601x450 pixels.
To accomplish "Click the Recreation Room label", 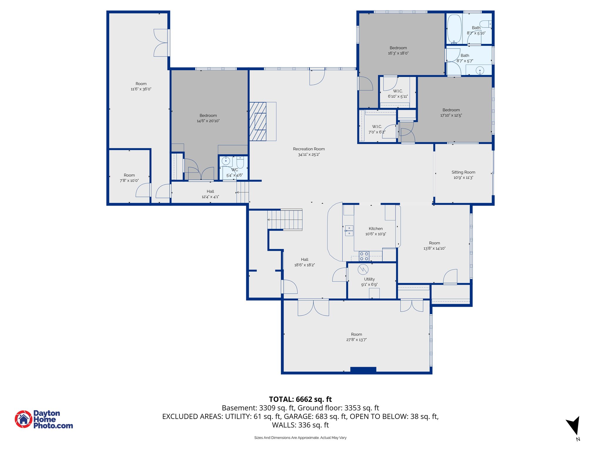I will pos(309,149).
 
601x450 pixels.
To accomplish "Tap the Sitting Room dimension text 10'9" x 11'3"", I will pos(463,178).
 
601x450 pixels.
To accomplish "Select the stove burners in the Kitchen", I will pos(364,256).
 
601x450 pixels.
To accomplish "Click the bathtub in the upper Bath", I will pos(454,29).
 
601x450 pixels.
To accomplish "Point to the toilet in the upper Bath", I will pos(485,24).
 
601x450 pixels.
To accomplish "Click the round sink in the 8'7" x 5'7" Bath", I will pos(480,70).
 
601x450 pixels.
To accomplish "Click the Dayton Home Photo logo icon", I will pos(23,419).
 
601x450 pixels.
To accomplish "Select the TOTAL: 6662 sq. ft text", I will pos(300,399).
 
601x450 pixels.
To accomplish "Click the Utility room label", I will pos(369,279).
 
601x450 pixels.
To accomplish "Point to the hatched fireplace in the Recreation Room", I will pos(258,121).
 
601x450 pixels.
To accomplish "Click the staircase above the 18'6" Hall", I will pos(285,219).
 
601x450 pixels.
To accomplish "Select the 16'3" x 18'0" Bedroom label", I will pos(398,48).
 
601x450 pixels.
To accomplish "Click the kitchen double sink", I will pos(349,231).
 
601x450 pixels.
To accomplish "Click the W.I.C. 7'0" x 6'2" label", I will pos(377,127).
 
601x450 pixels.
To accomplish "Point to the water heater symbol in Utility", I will pos(363,269).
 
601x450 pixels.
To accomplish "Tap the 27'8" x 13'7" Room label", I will pos(356,334).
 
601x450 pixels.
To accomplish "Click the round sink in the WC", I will pos(226,161).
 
